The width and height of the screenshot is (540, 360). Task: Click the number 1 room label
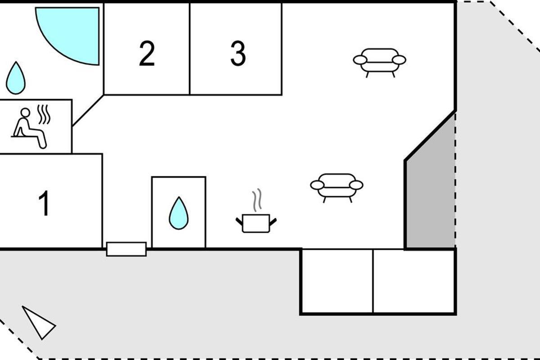click(x=44, y=203)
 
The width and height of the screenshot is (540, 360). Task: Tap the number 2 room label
click(x=147, y=54)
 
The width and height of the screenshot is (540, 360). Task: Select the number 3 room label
click(x=238, y=54)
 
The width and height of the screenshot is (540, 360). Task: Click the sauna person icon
click(x=28, y=128)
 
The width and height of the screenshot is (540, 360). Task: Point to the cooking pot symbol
click(x=256, y=223)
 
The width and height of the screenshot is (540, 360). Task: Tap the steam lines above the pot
click(x=257, y=200)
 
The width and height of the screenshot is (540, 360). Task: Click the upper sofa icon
click(x=380, y=61)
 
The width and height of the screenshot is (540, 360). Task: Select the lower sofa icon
click(x=337, y=185)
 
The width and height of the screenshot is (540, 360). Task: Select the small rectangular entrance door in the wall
click(x=126, y=249)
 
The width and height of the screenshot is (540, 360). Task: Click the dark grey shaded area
click(x=430, y=193)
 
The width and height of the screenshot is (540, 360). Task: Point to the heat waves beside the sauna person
click(x=43, y=115)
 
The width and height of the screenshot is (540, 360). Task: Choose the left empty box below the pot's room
click(x=337, y=281)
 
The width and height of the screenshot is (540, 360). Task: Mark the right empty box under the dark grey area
click(x=414, y=281)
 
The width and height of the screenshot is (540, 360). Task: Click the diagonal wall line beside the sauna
click(x=88, y=110)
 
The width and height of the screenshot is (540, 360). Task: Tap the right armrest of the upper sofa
click(x=399, y=60)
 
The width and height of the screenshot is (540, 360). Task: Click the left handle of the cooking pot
click(x=239, y=220)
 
